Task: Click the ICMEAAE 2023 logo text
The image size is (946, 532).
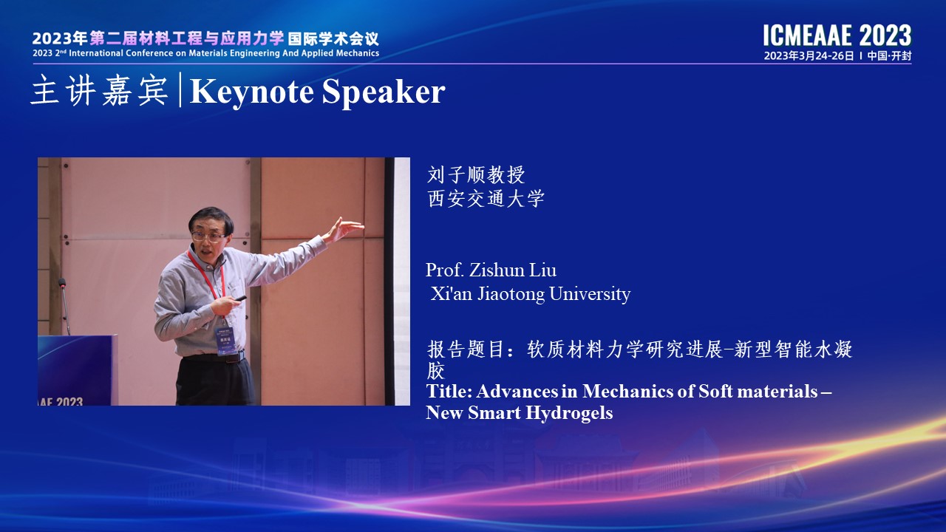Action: (837, 35)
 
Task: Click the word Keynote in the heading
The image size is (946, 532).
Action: (252, 91)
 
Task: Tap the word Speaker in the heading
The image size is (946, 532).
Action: (384, 92)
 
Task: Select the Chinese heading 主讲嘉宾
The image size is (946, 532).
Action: (100, 90)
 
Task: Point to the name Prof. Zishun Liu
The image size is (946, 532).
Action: (491, 270)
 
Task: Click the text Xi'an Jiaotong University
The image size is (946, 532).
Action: (531, 294)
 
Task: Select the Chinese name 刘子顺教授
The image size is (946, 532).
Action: (476, 175)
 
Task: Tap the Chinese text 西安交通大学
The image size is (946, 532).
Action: (486, 199)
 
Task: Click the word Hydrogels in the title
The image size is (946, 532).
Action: (569, 413)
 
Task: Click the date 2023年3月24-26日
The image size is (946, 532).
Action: (809, 55)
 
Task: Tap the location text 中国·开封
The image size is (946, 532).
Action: (889, 55)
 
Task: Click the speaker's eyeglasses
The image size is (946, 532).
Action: (208, 236)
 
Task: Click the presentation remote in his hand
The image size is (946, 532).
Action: (240, 299)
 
